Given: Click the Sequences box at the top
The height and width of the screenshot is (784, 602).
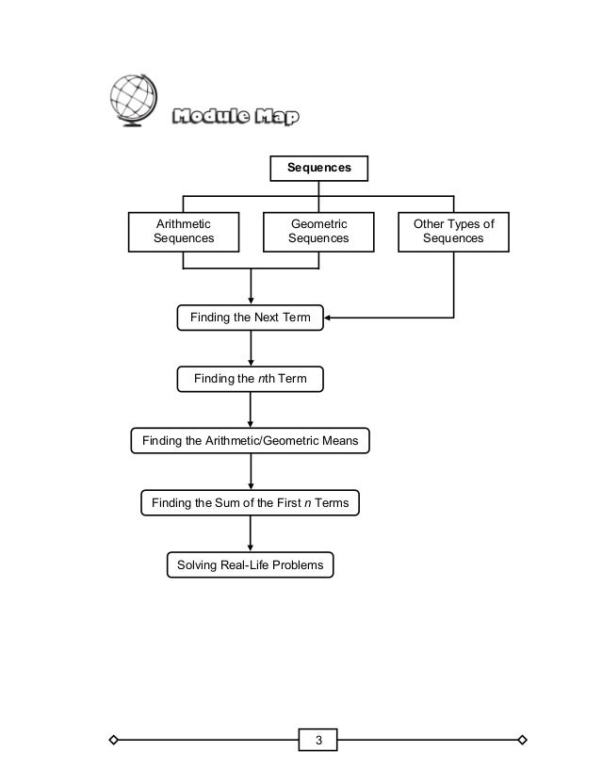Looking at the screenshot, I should tap(319, 168).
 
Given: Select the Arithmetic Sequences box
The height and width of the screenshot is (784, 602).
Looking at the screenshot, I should tap(183, 231).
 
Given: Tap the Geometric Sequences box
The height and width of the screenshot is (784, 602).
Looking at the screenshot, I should tap(317, 231).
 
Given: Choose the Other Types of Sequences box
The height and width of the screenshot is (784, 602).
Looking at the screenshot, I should tap(453, 231).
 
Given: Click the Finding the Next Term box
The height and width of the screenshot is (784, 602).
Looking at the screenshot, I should tap(250, 318).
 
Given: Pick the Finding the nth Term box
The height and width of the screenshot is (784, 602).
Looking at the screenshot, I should tap(250, 379).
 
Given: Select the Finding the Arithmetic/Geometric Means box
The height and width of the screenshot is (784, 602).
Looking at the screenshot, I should tap(249, 440).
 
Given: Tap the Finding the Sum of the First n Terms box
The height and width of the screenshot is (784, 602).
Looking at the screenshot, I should tap(250, 503).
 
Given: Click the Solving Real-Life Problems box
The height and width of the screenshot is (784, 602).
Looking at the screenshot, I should tap(250, 564).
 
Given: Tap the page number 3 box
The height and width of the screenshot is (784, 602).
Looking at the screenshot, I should tap(318, 739).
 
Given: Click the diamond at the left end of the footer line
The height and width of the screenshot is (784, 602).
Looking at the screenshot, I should tap(113, 739).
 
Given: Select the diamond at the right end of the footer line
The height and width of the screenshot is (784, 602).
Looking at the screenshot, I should tap(523, 739).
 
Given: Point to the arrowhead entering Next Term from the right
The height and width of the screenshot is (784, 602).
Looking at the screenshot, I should tap(330, 318).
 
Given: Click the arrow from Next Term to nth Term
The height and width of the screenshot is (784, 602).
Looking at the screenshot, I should tap(251, 350).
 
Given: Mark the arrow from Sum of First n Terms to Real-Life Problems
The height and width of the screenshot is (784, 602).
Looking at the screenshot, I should tap(251, 534).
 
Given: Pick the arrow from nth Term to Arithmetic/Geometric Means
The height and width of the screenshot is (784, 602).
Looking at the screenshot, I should tap(251, 410).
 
